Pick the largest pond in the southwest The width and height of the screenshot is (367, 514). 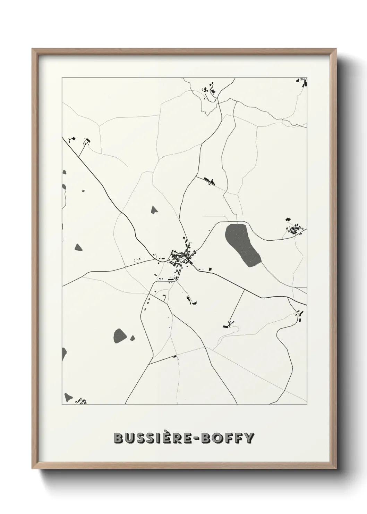click(x=120, y=335)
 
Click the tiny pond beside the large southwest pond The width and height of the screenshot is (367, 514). click(x=133, y=338)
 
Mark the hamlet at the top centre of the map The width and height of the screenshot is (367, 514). click(x=209, y=88)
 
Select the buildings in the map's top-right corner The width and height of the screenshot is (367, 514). click(x=301, y=81)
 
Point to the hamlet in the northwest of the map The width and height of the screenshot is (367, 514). click(x=78, y=140)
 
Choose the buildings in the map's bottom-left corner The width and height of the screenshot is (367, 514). click(x=81, y=401)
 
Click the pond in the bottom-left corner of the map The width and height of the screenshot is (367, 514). click(x=68, y=397)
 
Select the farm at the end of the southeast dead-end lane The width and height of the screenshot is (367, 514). click(x=228, y=325)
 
